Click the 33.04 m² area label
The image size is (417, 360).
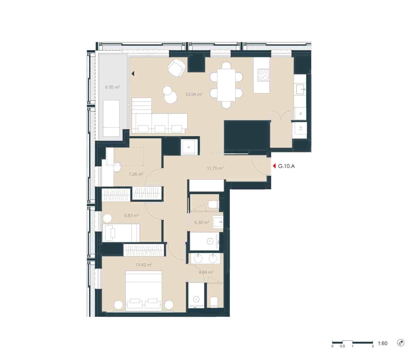pos(193,94)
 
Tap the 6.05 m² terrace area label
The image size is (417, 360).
pos(112,87)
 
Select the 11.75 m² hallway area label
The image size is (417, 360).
pos(215,168)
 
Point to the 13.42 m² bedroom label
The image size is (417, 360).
pos(144,265)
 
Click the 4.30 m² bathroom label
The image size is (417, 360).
pos(201,222)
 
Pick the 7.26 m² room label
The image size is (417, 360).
pos(136,174)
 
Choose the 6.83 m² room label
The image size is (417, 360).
pos(131,215)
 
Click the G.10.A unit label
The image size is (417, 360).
pos(286,166)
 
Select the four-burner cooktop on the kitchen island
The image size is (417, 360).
pos(263,75)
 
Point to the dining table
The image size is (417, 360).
pos(226,85)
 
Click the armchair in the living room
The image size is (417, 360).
pos(177,67)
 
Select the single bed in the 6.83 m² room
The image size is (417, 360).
pos(121,233)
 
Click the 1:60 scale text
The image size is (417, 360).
pos(382,343)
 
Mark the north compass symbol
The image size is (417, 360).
pos(400,343)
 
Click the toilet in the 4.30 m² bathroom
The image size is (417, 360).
pos(213,205)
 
